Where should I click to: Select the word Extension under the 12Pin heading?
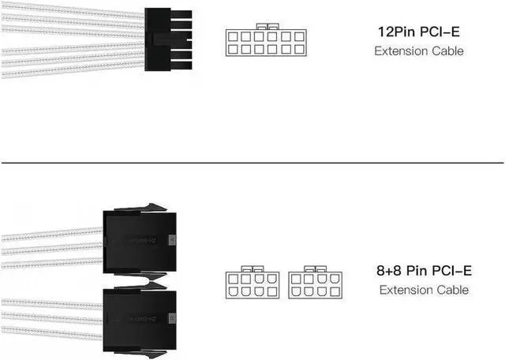[x=400, y=51]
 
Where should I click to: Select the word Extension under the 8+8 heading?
[x=405, y=290]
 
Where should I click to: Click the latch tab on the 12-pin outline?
[x=261, y=27]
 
